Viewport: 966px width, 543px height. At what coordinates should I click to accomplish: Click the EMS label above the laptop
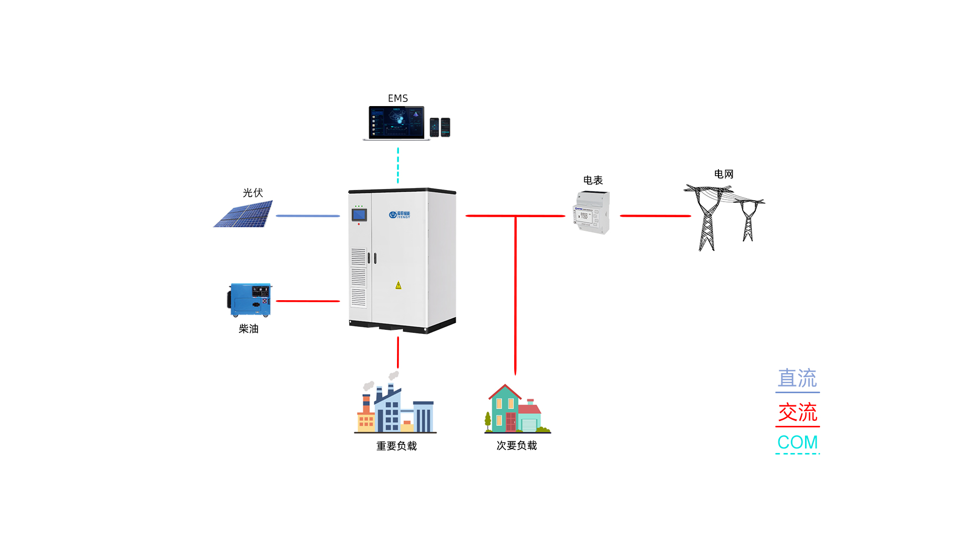397,98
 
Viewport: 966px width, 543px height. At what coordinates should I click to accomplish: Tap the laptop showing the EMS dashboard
396,123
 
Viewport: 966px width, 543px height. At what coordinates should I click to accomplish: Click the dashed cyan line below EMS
398,165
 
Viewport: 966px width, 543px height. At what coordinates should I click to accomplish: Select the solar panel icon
244,214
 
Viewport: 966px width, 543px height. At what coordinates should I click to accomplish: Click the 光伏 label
253,193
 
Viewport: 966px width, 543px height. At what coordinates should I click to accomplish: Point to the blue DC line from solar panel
307,216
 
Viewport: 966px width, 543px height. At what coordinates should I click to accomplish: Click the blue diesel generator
250,300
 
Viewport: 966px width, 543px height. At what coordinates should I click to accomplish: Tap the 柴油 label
249,329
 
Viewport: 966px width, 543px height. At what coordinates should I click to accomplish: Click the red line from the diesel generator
307,301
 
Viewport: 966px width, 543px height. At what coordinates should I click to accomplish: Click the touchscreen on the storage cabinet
359,215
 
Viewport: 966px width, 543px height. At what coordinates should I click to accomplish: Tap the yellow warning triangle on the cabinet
398,286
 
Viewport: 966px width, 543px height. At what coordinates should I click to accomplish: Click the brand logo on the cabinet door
399,215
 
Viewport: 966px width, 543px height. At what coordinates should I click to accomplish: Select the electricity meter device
592,213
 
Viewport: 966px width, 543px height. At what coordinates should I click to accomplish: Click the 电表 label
593,180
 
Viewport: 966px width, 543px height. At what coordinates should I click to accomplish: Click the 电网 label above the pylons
723,174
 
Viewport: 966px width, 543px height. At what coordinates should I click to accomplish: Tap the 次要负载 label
517,445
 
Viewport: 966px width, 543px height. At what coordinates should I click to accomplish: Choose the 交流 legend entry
797,413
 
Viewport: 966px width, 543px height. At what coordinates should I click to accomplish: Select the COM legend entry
797,442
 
